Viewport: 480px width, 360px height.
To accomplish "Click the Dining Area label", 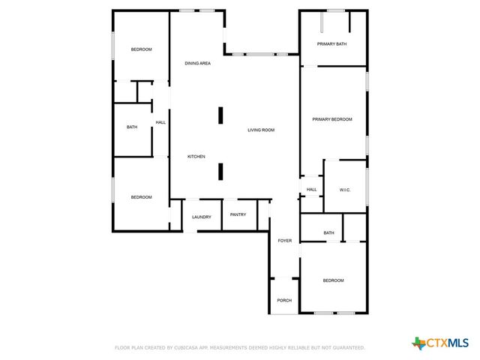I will click(197, 63).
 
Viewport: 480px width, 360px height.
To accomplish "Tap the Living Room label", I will click(261, 130).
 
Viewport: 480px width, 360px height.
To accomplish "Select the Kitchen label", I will click(196, 156).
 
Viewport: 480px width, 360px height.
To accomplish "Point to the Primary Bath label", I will click(331, 44).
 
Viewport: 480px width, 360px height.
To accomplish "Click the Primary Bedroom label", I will click(332, 119).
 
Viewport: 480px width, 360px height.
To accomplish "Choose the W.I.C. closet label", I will click(345, 190).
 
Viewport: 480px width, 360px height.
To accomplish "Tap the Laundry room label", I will click(201, 217).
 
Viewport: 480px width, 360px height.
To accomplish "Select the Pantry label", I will click(238, 214).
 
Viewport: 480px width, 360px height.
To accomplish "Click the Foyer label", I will click(285, 241).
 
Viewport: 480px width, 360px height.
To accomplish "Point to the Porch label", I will click(284, 301).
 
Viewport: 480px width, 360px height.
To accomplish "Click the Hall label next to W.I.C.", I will click(311, 190).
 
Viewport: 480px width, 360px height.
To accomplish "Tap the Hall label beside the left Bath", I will click(160, 122).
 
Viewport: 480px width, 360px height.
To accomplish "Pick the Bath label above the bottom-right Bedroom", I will click(328, 233).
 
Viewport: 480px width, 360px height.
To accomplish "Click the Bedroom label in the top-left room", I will click(142, 49).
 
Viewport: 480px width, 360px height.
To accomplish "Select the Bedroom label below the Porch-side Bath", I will click(333, 280).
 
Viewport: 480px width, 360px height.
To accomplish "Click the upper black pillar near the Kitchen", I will click(220, 115).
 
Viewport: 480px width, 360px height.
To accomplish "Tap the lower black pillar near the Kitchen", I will click(220, 172).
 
